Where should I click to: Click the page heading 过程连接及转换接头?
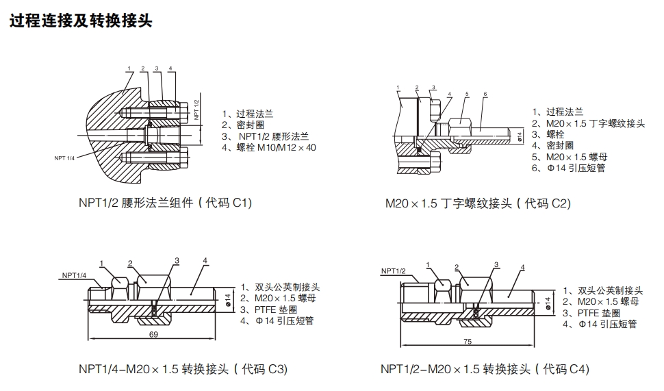pyautogui.click(x=80, y=21)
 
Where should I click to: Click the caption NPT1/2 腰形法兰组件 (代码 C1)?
pyautogui.click(x=165, y=203)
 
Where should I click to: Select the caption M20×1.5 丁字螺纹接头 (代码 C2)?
pyautogui.click(x=478, y=203)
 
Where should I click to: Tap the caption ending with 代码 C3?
pyautogui.click(x=183, y=369)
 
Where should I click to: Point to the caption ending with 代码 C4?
pyautogui.click(x=485, y=369)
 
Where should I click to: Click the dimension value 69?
pyautogui.click(x=153, y=334)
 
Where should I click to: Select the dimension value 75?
pyautogui.click(x=468, y=341)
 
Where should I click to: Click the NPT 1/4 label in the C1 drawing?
pyautogui.click(x=65, y=158)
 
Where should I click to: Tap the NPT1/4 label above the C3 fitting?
pyautogui.click(x=74, y=275)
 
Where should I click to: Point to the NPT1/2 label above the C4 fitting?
pyautogui.click(x=394, y=271)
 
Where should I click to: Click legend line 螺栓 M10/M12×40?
pyautogui.click(x=269, y=147)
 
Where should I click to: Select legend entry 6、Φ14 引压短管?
pyautogui.click(x=569, y=168)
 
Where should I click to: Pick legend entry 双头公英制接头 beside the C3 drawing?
pyautogui.click(x=279, y=288)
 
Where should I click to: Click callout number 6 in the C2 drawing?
pyautogui.click(x=485, y=93)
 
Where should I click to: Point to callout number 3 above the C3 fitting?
pyautogui.click(x=177, y=260)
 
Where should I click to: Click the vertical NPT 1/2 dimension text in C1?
pyautogui.click(x=196, y=110)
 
